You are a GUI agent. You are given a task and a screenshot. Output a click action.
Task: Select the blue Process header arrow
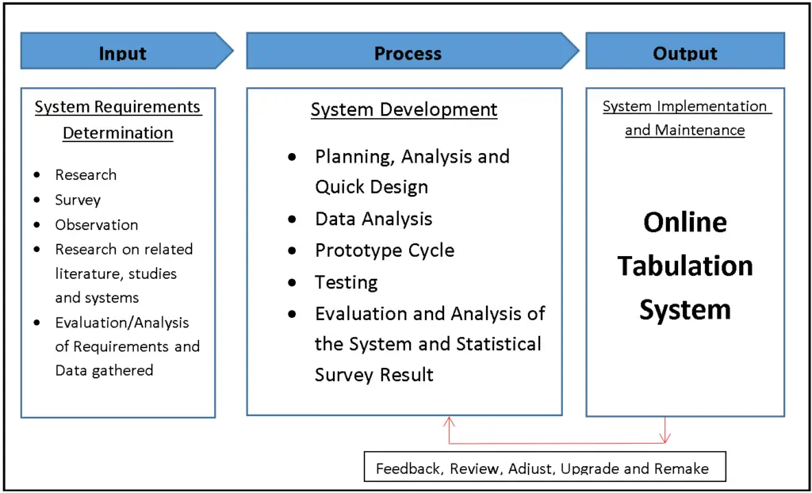click(409, 52)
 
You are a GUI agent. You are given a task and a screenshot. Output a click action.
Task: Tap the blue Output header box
click(685, 52)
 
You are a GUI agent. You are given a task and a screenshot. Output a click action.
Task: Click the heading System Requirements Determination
click(118, 120)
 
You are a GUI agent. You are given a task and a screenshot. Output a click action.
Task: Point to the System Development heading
click(404, 110)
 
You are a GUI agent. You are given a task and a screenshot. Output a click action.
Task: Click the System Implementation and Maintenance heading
click(685, 118)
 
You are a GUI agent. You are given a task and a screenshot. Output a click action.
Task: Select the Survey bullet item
click(78, 200)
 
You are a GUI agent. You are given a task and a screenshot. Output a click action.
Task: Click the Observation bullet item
click(96, 225)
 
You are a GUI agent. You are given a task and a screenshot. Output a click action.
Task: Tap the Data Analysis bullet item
click(373, 219)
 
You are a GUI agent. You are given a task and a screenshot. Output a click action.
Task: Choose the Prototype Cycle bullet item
click(385, 250)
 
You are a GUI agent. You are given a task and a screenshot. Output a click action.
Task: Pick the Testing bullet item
click(346, 282)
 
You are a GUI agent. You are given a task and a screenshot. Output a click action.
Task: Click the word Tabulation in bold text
click(685, 266)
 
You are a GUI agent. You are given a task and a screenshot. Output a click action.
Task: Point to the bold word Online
click(685, 222)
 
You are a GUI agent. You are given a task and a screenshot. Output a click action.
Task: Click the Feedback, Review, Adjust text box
click(542, 468)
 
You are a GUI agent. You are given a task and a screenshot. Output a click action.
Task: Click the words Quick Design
click(371, 187)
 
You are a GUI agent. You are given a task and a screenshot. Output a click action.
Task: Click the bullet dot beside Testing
click(293, 283)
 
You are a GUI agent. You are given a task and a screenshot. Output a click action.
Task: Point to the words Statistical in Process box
click(498, 344)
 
